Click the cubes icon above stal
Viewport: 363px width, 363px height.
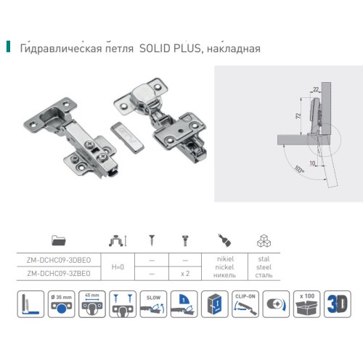point(263,240)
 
